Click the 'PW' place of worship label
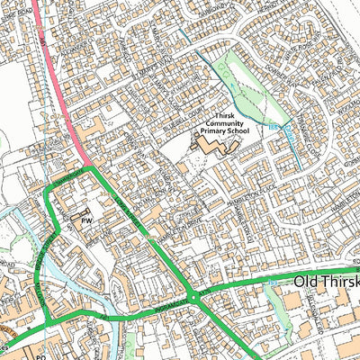coord(87,220)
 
